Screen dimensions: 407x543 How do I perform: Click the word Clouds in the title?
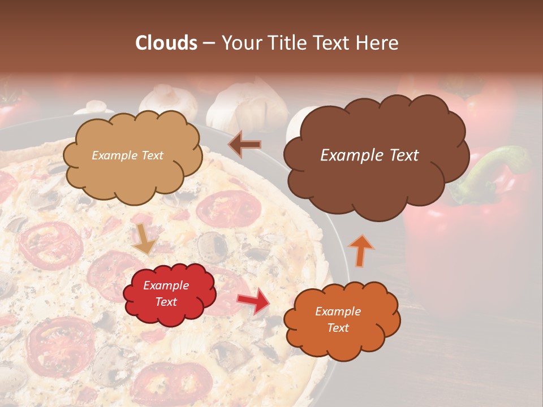coord(166,43)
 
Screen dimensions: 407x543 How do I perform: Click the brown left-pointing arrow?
coord(244,145)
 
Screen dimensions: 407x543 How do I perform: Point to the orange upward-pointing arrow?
coord(360,250)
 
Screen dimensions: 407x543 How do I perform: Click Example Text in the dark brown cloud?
coord(369,155)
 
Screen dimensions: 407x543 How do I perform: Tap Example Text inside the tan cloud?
coord(127,155)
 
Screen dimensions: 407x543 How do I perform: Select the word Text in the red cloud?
coord(166,302)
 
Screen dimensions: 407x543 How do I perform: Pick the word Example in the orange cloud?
coord(338,311)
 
